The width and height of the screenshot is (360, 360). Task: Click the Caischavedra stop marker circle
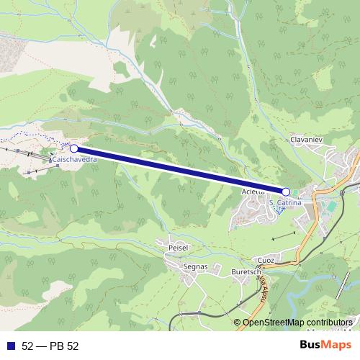click(73, 148)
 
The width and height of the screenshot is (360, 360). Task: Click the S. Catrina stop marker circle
click(286, 192)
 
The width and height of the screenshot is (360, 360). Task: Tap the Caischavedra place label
click(75, 161)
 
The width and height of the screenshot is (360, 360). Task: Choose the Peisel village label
click(177, 247)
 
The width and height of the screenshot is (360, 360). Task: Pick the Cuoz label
click(266, 260)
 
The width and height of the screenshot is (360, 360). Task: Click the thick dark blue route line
click(180, 170)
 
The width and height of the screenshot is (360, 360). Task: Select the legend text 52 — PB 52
click(50, 346)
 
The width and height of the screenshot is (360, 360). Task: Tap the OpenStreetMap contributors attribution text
click(298, 322)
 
